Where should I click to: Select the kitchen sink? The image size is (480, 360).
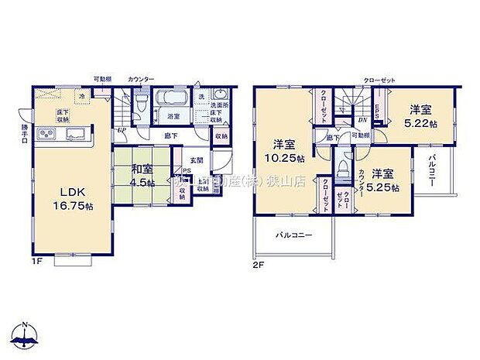75,135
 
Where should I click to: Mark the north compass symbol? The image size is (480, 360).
26,335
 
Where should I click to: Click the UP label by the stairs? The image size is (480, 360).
122,129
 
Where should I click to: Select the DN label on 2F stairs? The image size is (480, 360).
362,120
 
